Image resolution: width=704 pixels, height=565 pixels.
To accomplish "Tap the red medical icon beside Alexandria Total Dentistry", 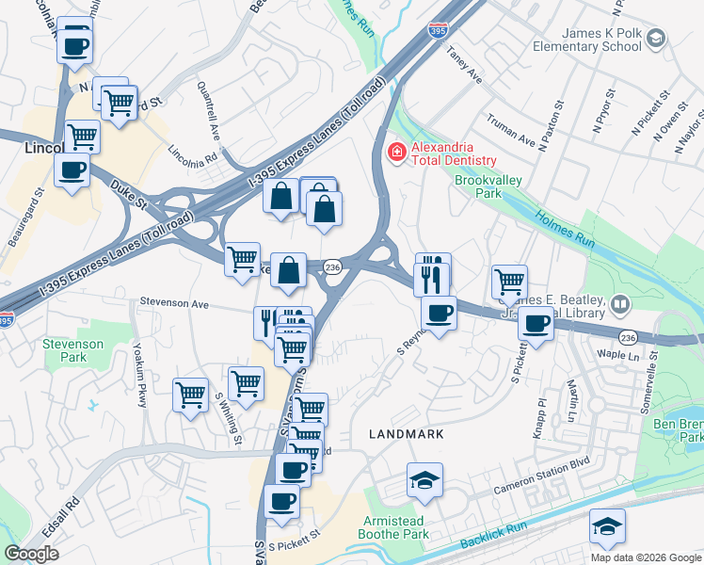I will pos(396,151).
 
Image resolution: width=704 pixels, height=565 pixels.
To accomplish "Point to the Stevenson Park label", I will pos(72,351).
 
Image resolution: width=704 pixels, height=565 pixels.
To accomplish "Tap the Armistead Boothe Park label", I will pos(396,527).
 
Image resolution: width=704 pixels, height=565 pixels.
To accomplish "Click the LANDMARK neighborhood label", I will pos(406,434).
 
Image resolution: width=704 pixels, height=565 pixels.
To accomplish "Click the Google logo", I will pos(31,554).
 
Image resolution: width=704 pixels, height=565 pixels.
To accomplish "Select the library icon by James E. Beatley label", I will pos(620,303).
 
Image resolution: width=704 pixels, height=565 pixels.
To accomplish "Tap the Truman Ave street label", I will pos(512,133).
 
